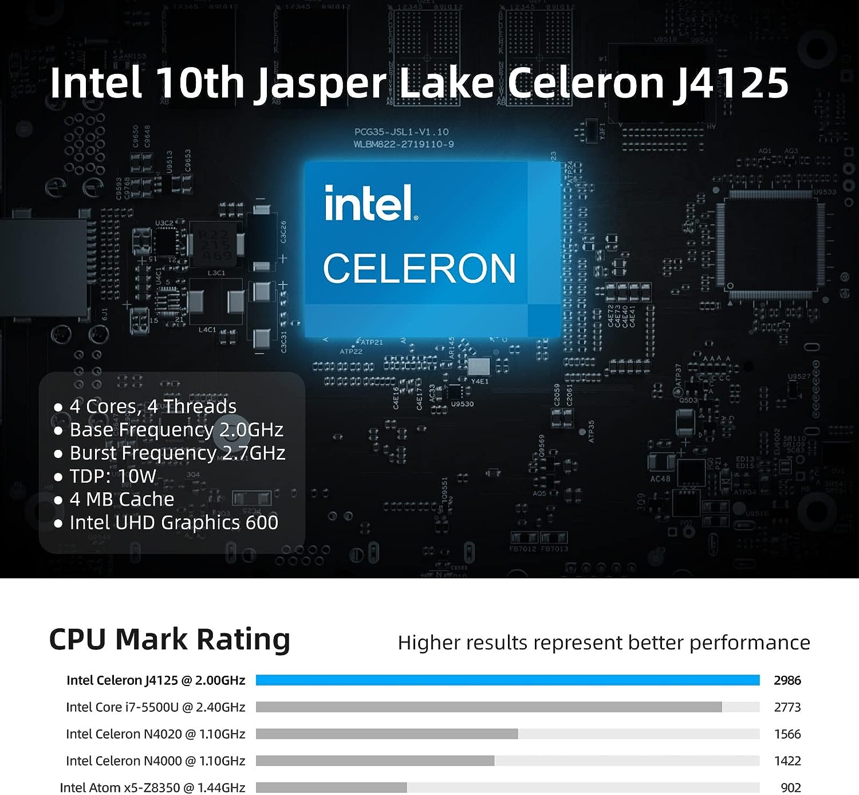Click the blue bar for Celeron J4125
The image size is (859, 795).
507,680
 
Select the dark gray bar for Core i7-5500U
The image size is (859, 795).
488,707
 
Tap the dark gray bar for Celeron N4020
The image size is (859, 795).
387,734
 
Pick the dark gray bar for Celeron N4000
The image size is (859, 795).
375,761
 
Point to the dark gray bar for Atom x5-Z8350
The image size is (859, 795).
331,788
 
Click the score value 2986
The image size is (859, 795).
787,680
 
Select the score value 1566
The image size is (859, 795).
787,734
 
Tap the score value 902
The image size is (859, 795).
791,788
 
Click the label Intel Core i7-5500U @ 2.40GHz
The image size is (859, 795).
155,707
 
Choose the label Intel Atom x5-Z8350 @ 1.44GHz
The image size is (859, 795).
152,788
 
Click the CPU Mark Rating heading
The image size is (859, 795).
170,640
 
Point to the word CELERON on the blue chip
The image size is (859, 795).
419,268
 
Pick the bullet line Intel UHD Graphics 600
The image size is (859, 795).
174,523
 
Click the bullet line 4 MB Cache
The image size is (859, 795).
121,499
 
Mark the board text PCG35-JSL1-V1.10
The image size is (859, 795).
401,132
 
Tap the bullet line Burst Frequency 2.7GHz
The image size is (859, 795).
177,453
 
